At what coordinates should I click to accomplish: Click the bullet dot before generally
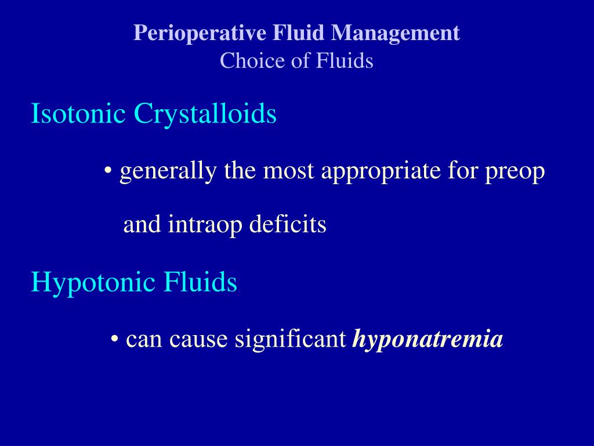click(x=108, y=172)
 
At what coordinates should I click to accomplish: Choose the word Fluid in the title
click(x=300, y=33)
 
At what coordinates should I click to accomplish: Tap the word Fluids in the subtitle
click(x=345, y=60)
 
